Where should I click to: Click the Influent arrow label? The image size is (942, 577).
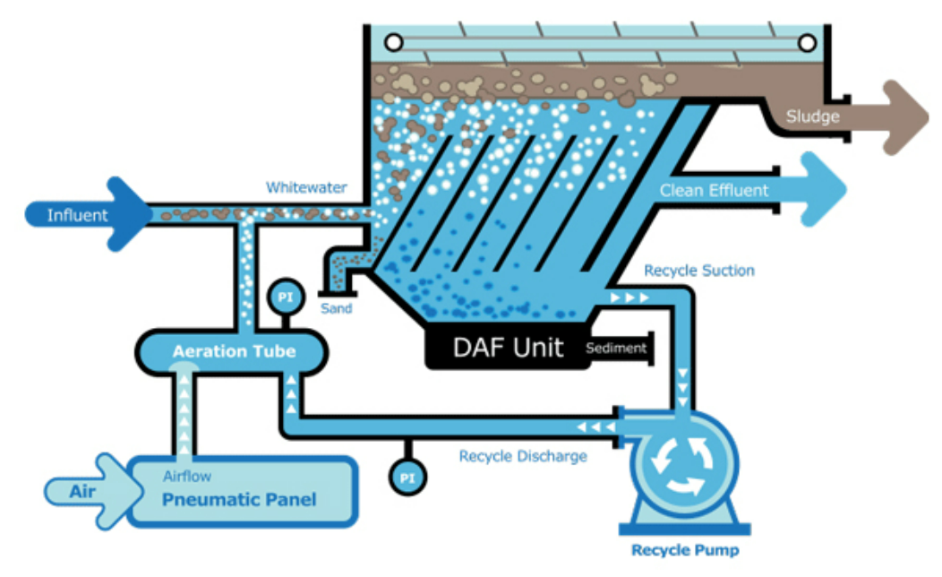click(x=78, y=215)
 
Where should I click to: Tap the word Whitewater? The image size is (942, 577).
click(x=306, y=188)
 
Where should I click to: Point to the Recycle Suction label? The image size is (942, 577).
click(x=699, y=271)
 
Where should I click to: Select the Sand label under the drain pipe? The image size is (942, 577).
click(x=337, y=308)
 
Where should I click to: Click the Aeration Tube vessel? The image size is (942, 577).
click(x=234, y=351)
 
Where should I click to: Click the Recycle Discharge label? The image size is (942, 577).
click(x=523, y=456)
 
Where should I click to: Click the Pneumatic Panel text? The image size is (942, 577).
click(x=239, y=499)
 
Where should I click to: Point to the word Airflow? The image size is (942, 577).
click(x=187, y=477)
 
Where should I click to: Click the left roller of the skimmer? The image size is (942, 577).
click(x=391, y=42)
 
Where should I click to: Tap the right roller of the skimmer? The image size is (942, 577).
click(x=807, y=42)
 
